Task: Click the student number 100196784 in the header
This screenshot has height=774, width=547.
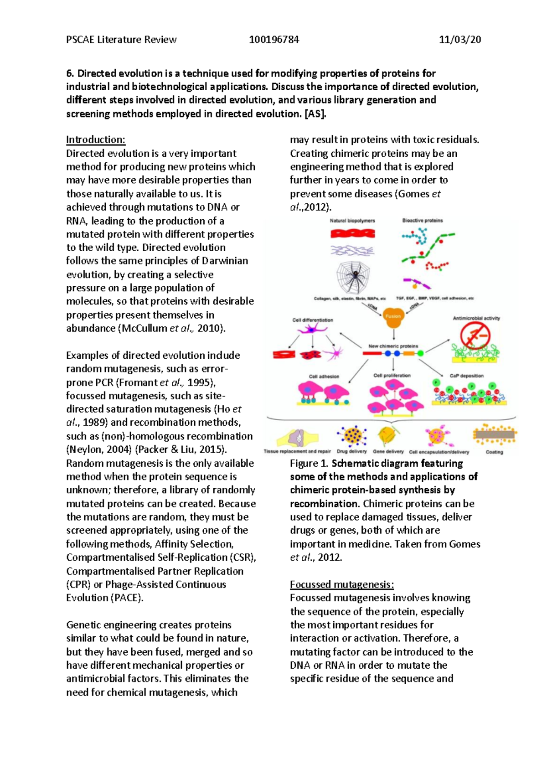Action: pyautogui.click(x=274, y=40)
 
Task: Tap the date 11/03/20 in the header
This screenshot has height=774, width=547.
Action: pyautogui.click(x=459, y=40)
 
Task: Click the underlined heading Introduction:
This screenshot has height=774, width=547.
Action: pyautogui.click(x=95, y=139)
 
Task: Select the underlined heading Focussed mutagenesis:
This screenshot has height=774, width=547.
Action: pyautogui.click(x=342, y=584)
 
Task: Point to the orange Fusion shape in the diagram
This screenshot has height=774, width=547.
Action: pyautogui.click(x=393, y=317)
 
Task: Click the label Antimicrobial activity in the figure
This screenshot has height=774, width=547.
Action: pyautogui.click(x=476, y=318)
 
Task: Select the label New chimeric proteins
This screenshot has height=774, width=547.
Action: pyautogui.click(x=393, y=346)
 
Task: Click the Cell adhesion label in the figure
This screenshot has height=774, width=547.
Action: pyautogui.click(x=324, y=377)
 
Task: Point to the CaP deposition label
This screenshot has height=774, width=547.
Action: pyautogui.click(x=466, y=376)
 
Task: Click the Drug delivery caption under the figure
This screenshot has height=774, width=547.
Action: pyautogui.click(x=351, y=451)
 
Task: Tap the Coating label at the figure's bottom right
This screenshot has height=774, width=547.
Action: pyautogui.click(x=494, y=452)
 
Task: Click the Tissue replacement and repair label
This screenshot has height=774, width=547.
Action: pyautogui.click(x=297, y=451)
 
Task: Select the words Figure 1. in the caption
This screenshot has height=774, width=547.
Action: pyautogui.click(x=309, y=464)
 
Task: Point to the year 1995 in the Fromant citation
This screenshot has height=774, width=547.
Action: pyautogui.click(x=198, y=382)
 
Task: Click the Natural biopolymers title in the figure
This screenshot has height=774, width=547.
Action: pyautogui.click(x=352, y=221)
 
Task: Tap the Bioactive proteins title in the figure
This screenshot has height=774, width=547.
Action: pyautogui.click(x=422, y=221)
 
